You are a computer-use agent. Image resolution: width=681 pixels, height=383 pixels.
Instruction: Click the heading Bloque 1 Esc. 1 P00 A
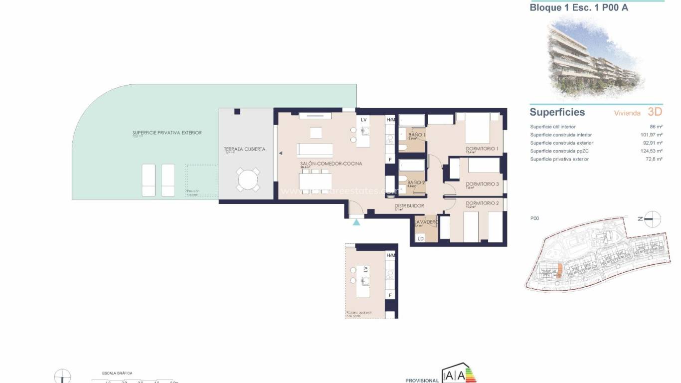[x=572, y=7]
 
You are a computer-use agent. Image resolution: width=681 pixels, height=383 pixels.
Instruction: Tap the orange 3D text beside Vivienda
[x=655, y=112]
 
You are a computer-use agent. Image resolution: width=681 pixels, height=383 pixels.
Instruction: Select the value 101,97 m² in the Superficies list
[x=652, y=135]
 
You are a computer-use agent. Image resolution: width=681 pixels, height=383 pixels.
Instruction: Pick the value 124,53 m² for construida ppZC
[x=652, y=151]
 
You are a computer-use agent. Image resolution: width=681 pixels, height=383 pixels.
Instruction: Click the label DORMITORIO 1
[x=482, y=149]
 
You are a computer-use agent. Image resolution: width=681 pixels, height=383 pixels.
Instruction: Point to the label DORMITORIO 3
[x=482, y=184]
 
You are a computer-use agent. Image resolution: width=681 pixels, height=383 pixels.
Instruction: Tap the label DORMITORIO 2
[x=482, y=203]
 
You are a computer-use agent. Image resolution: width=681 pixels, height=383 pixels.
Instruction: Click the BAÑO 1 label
[x=416, y=135]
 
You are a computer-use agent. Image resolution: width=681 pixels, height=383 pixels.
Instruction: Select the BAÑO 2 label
[x=416, y=183]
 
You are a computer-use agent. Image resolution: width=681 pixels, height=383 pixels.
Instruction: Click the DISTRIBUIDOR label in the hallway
[x=409, y=206]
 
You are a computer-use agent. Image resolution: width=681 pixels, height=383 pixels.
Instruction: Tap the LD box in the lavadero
[x=420, y=239]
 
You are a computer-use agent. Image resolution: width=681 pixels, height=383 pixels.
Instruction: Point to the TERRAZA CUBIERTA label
[x=245, y=149]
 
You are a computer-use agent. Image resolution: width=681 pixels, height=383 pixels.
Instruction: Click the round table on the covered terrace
[x=248, y=180]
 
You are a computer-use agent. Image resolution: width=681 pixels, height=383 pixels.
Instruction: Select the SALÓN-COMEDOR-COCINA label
[x=331, y=164]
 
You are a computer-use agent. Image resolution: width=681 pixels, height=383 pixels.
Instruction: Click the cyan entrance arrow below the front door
[x=356, y=222]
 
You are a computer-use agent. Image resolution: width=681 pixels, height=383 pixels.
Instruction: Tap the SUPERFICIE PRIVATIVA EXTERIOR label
[x=167, y=133]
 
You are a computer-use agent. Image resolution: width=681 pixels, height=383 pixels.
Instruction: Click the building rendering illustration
[x=592, y=57]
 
